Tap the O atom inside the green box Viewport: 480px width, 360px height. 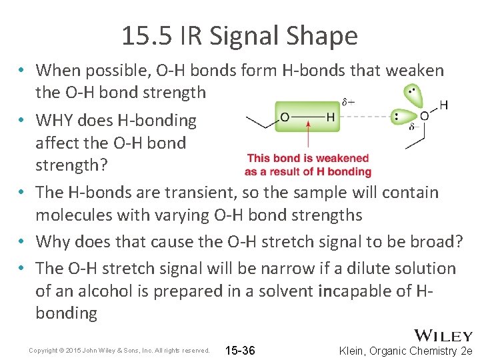click(285, 117)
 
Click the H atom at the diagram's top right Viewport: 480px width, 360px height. click(444, 105)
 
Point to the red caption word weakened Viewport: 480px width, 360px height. click(344, 159)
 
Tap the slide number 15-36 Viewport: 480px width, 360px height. click(241, 350)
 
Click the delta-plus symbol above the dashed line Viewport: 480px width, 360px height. click(347, 102)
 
